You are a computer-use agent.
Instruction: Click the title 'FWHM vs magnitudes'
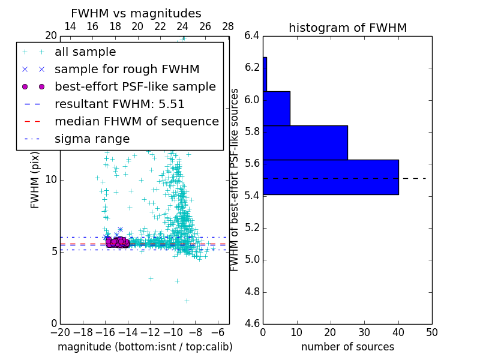pos(136,13)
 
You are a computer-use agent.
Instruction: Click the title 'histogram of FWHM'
pos(347,28)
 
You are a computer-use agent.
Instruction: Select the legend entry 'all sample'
pos(85,52)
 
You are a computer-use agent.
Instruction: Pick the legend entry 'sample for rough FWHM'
pos(127,69)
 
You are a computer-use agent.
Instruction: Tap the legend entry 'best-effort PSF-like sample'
pos(135,86)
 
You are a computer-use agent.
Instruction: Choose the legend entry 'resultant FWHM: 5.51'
pos(119,104)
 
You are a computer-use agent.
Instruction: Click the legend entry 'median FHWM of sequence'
pos(136,121)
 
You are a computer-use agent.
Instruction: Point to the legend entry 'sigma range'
pos(92,139)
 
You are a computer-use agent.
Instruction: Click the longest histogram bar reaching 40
pos(331,177)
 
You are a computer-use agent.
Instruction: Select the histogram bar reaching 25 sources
pos(305,143)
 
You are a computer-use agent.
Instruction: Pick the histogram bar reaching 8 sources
pos(277,109)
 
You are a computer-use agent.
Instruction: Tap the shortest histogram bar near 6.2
pos(265,74)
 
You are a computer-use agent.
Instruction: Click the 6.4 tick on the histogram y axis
pos(252,35)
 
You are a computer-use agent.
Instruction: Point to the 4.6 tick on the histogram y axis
pos(252,324)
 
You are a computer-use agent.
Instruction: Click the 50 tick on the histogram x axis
pos(431,332)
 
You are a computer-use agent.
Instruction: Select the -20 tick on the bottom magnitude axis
pos(60,332)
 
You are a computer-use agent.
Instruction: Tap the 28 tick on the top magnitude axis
pos(228,27)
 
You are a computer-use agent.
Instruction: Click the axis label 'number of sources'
pos(347,347)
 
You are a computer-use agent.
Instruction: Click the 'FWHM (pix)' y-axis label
pos(35,180)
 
